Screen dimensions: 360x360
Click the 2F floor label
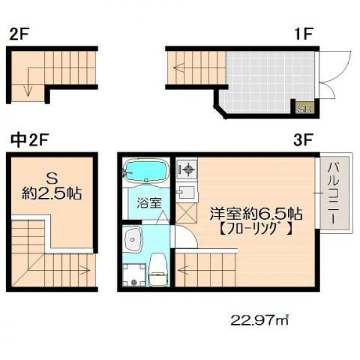(x=19, y=34)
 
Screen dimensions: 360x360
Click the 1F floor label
(x=304, y=34)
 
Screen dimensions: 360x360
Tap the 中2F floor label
(x=30, y=140)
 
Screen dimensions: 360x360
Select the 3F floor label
(x=303, y=140)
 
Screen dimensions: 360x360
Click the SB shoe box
(x=304, y=108)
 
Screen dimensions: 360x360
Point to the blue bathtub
(x=146, y=171)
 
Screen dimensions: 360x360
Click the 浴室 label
(x=149, y=203)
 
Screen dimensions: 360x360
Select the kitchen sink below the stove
(x=186, y=192)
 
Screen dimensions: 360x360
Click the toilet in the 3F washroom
(x=158, y=270)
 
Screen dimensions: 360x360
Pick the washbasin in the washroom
(x=133, y=240)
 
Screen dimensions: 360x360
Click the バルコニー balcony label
(x=334, y=193)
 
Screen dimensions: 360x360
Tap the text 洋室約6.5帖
(x=256, y=214)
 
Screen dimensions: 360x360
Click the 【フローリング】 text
(x=256, y=228)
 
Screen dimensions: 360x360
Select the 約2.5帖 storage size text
(x=52, y=194)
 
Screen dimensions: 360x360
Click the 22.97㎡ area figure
(x=259, y=320)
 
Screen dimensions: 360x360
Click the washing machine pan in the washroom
(x=134, y=274)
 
